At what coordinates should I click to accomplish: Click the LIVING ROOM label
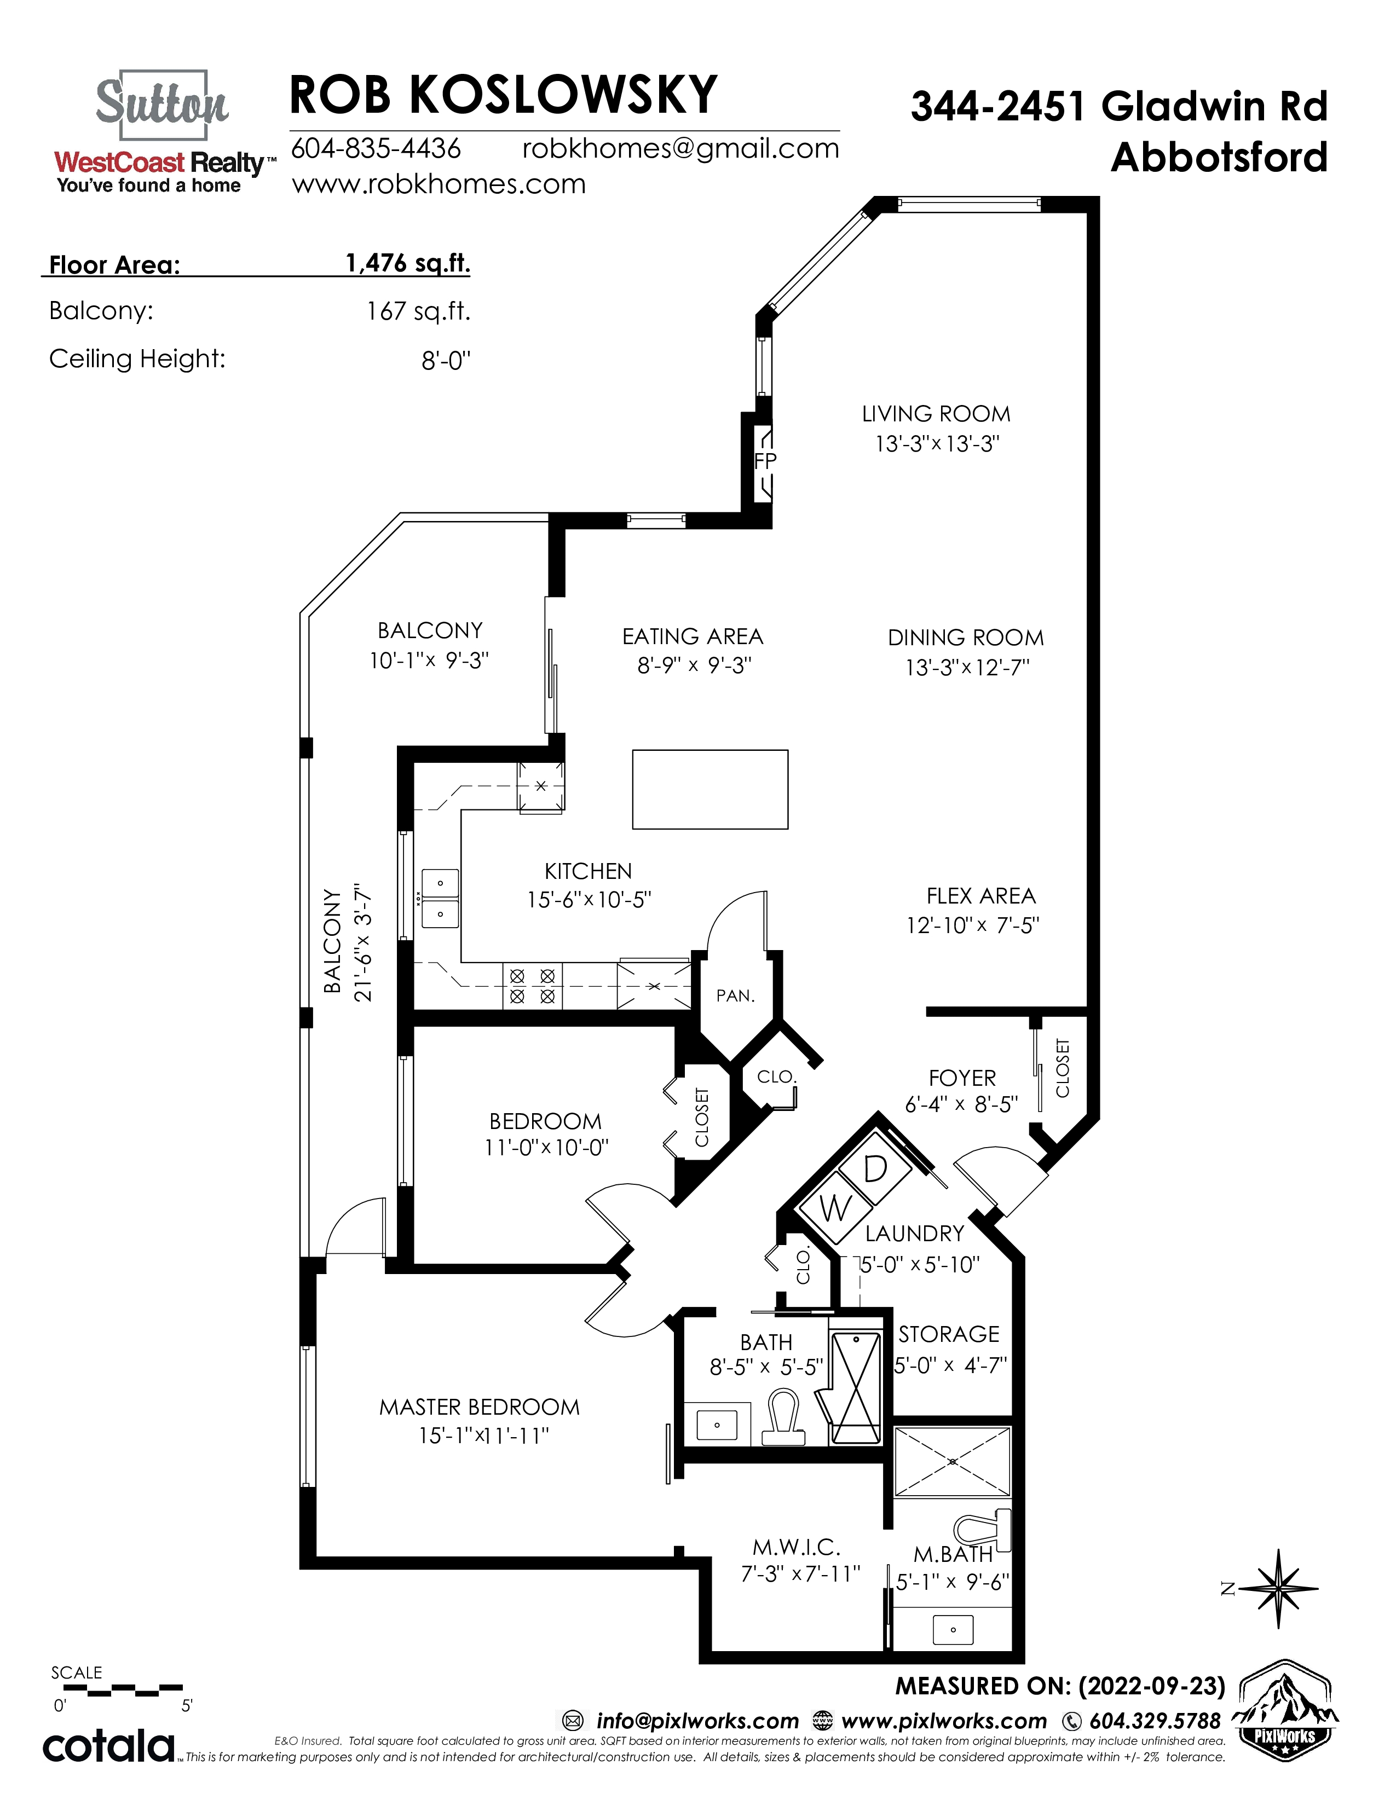(936, 413)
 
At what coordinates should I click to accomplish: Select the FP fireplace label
(766, 461)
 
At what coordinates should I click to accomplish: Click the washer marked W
(836, 1207)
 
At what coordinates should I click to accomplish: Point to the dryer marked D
(875, 1168)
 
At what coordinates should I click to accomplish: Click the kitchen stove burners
(532, 986)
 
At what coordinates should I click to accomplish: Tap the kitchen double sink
(440, 898)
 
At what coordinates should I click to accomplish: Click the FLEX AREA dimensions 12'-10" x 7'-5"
(973, 925)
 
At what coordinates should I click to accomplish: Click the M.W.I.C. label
(797, 1547)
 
